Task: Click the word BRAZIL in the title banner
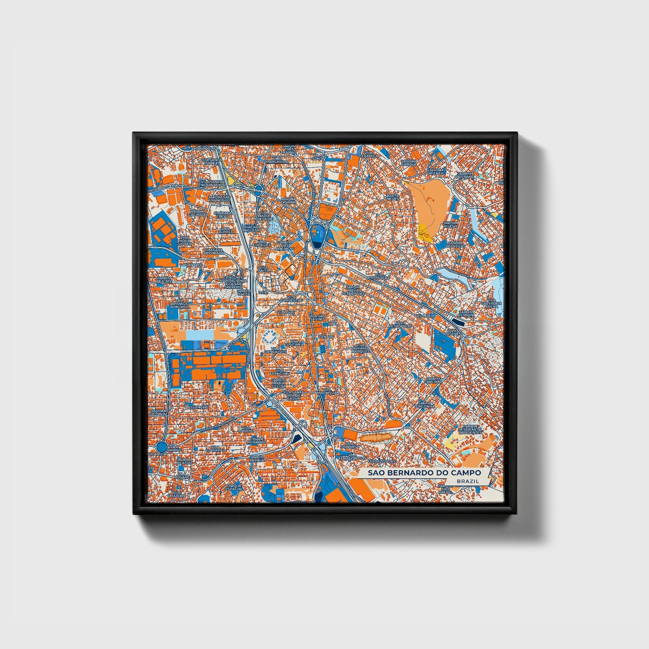[x=467, y=481]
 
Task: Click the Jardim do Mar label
[x=288, y=200]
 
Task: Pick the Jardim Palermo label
[x=433, y=380]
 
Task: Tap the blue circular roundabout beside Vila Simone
[x=162, y=446]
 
